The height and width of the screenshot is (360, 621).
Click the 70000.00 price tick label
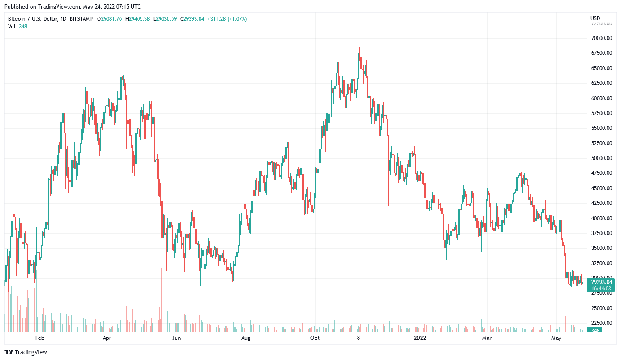pyautogui.click(x=601, y=38)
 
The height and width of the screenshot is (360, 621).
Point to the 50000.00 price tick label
pyautogui.click(x=601, y=158)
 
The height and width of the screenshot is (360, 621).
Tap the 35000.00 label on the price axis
pyautogui.click(x=601, y=248)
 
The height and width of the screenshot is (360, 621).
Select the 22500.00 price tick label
pyautogui.click(x=601, y=323)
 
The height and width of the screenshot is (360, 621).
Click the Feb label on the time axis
pyautogui.click(x=40, y=338)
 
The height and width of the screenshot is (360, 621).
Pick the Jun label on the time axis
pyautogui.click(x=177, y=338)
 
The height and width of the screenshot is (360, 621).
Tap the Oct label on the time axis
pyautogui.click(x=315, y=338)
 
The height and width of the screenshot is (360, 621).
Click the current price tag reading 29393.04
pyautogui.click(x=602, y=282)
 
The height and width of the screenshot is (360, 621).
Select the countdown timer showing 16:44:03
pyautogui.click(x=602, y=289)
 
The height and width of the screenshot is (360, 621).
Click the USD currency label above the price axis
pyautogui.click(x=595, y=18)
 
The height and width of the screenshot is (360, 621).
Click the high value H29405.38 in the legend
pyautogui.click(x=138, y=19)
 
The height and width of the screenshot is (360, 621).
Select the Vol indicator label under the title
pyautogui.click(x=12, y=26)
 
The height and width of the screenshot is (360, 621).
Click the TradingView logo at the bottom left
pyautogui.click(x=26, y=352)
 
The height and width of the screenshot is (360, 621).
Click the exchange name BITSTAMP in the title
pyautogui.click(x=81, y=19)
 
